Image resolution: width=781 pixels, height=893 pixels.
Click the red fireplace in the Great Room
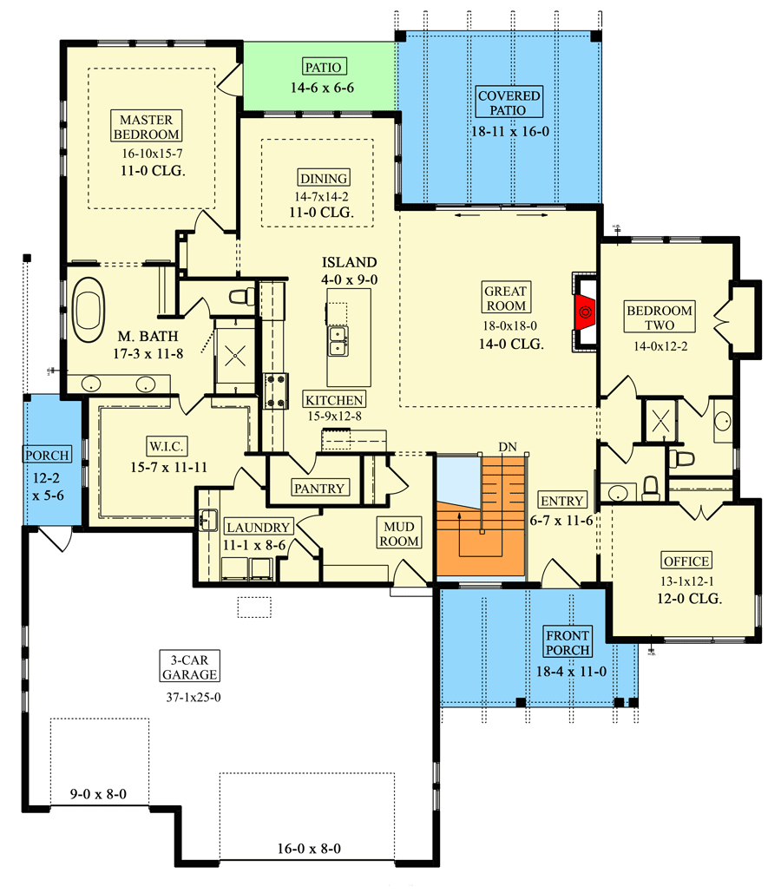586,310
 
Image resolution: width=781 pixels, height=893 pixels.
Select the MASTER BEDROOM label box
147,127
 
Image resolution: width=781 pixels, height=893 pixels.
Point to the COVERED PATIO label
509,102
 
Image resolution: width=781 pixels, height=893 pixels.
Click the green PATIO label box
325,67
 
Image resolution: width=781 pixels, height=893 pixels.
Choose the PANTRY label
319,488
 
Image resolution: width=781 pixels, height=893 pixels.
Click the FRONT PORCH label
568,643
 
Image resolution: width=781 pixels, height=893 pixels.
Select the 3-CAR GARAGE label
188,665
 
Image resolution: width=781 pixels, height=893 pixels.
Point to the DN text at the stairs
508,446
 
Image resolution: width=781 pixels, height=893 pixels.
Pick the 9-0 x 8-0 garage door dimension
98,792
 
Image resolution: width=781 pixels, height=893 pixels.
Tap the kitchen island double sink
338,341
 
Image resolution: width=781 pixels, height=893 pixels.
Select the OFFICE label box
686,561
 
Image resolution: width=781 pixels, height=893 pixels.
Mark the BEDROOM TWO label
660,318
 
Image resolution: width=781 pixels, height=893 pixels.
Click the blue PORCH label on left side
41,455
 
